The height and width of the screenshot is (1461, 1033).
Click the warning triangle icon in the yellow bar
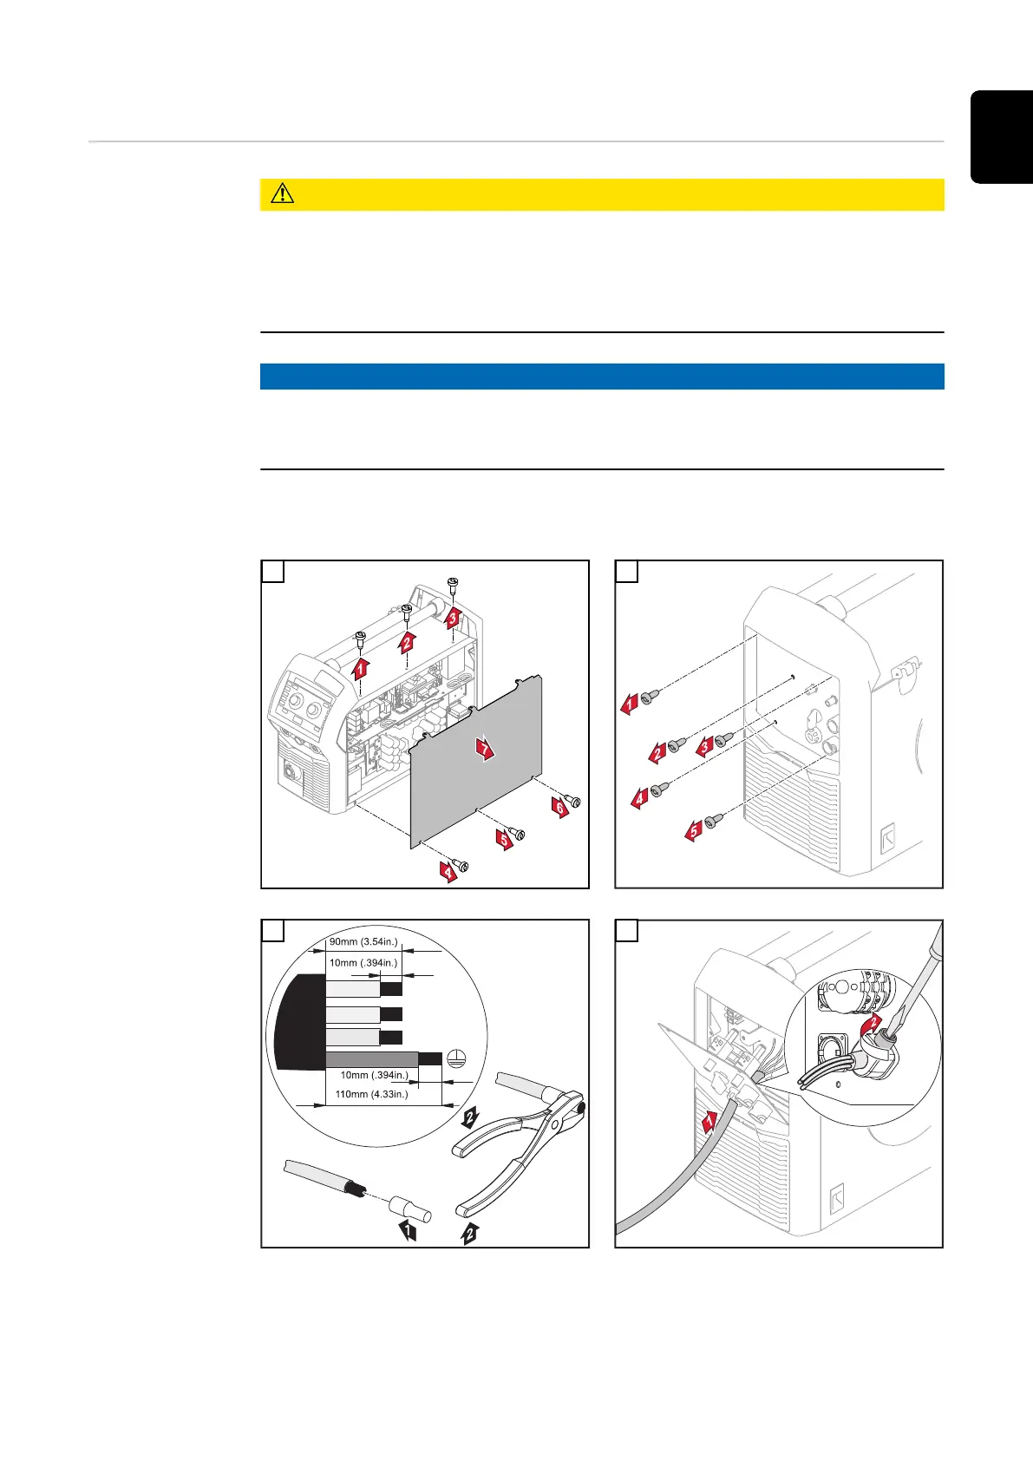[x=282, y=194]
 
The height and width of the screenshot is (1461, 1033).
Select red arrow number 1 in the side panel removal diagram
[x=361, y=667]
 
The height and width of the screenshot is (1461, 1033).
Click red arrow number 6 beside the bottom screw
[x=560, y=808]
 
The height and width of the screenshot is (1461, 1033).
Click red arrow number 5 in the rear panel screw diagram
[x=693, y=830]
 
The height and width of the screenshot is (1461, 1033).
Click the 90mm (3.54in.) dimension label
[x=363, y=942]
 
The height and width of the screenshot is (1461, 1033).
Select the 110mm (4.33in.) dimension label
[x=371, y=1094]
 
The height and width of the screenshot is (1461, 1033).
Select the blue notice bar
[x=601, y=377]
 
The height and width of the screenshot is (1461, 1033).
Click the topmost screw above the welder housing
[x=452, y=584]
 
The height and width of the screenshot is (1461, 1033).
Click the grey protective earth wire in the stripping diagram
[x=373, y=1058]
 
